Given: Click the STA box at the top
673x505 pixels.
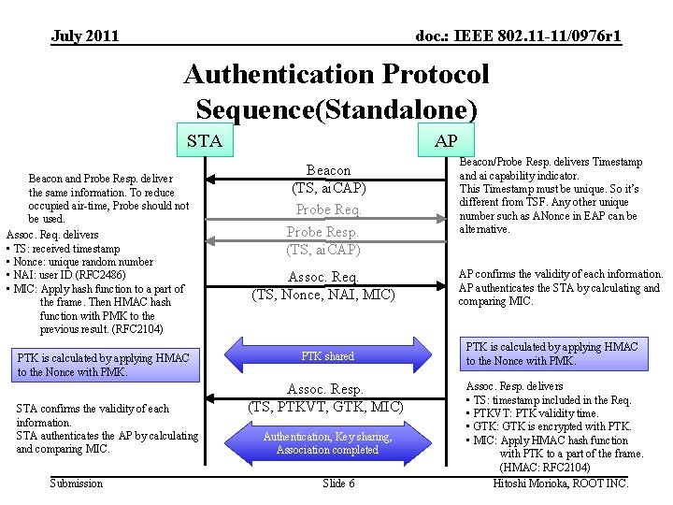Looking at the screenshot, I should coord(205,141).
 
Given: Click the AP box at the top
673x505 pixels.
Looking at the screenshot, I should coord(446,141).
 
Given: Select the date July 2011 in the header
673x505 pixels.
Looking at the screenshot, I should coord(85,36).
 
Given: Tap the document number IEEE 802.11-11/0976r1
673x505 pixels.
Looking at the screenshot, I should coord(518,36).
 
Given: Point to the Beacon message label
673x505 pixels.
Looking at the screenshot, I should coord(328,170).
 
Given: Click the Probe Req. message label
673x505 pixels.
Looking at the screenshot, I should coord(328,209).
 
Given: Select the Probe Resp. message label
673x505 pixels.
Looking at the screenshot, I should coord(322,231).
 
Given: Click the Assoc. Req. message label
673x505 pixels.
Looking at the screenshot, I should coord(323,277).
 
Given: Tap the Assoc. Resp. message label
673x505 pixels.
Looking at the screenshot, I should coord(324,389).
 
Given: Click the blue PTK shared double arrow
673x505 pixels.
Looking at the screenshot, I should coord(327,356).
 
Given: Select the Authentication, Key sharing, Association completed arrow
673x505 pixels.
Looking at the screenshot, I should coord(327,443).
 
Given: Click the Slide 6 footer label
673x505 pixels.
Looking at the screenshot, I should coord(338,483).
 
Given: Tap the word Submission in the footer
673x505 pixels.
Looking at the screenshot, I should coord(77,483).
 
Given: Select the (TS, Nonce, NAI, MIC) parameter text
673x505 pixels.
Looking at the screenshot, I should coord(323,296).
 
